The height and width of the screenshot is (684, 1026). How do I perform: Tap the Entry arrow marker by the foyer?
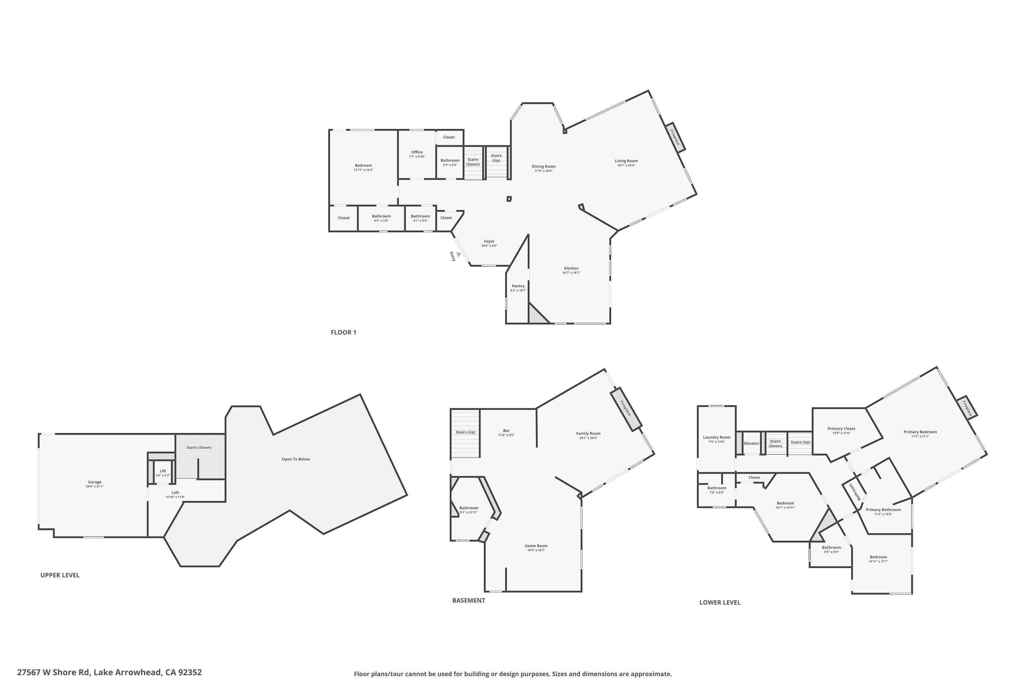click(459, 254)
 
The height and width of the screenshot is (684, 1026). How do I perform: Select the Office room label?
click(417, 152)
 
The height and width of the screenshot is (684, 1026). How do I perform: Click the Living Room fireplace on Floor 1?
click(675, 137)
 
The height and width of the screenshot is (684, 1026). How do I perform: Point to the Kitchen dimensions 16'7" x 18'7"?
click(571, 273)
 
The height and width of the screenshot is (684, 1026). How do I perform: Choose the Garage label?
click(95, 482)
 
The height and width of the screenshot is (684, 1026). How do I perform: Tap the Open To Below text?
click(295, 459)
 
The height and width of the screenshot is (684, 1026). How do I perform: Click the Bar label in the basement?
click(506, 431)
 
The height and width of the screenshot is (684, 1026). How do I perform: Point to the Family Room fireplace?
click(626, 409)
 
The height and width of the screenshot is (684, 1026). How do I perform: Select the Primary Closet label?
click(841, 429)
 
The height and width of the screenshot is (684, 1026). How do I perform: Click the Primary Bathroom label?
click(883, 510)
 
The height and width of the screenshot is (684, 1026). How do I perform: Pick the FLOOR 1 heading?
click(343, 332)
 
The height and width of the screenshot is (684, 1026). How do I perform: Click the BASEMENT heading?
click(469, 600)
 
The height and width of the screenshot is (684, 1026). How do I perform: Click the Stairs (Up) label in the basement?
click(465, 432)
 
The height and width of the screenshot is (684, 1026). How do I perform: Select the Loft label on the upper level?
click(175, 492)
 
